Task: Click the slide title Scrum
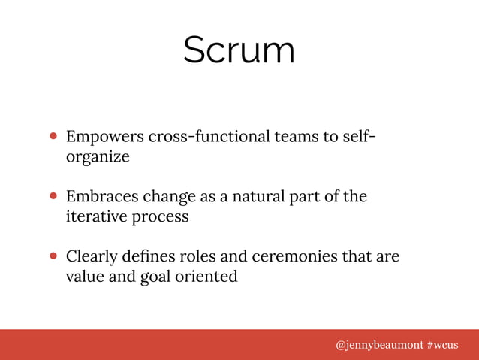(x=239, y=50)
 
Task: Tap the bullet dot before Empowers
(x=54, y=138)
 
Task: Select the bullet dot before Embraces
(x=54, y=198)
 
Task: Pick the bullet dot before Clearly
(x=54, y=257)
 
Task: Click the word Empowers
(x=104, y=138)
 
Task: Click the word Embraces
(x=101, y=197)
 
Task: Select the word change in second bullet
(x=167, y=198)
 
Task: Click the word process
(x=161, y=217)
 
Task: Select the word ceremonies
(x=291, y=257)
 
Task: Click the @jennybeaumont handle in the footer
(x=378, y=345)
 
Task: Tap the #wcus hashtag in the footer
(x=441, y=345)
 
